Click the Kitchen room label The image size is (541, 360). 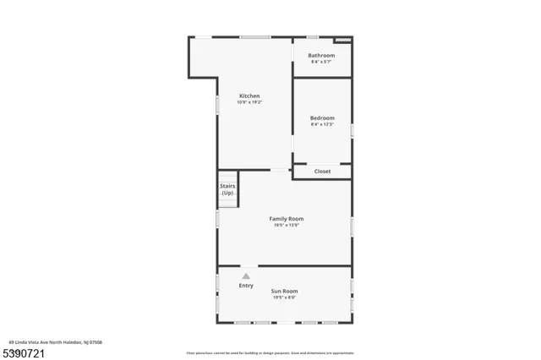coord(249,95)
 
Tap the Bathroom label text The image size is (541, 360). coord(321,56)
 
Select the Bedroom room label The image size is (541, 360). coord(322,117)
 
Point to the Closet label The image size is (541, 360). coord(322,172)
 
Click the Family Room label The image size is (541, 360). coord(287,219)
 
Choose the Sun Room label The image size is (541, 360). coord(285,291)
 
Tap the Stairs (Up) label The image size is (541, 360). coord(227,189)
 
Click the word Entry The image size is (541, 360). coord(246,286)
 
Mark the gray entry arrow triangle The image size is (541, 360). coord(246,275)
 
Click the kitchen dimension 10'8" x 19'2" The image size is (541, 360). coord(249,102)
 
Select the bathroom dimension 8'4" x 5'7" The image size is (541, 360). coord(321,62)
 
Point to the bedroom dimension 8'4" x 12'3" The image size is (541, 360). coord(322,124)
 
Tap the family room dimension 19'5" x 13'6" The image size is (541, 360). coord(287,225)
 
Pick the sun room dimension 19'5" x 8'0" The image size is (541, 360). coord(285,297)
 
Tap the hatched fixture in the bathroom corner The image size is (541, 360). coord(342,39)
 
